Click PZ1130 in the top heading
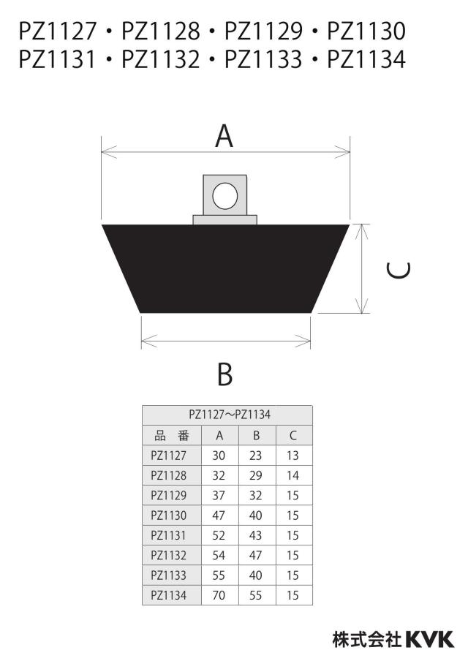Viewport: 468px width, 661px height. [x=366, y=31]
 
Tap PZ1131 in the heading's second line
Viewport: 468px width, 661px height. [x=57, y=59]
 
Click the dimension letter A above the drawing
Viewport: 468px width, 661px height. [x=224, y=136]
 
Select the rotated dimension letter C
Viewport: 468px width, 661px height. [x=399, y=271]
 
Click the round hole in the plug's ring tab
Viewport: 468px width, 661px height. [x=225, y=196]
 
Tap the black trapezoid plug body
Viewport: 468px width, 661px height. [x=225, y=268]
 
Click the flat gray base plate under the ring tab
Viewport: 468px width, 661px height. [x=225, y=219]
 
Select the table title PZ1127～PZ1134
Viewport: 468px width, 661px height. [x=230, y=415]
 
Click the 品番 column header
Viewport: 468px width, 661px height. [x=172, y=436]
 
